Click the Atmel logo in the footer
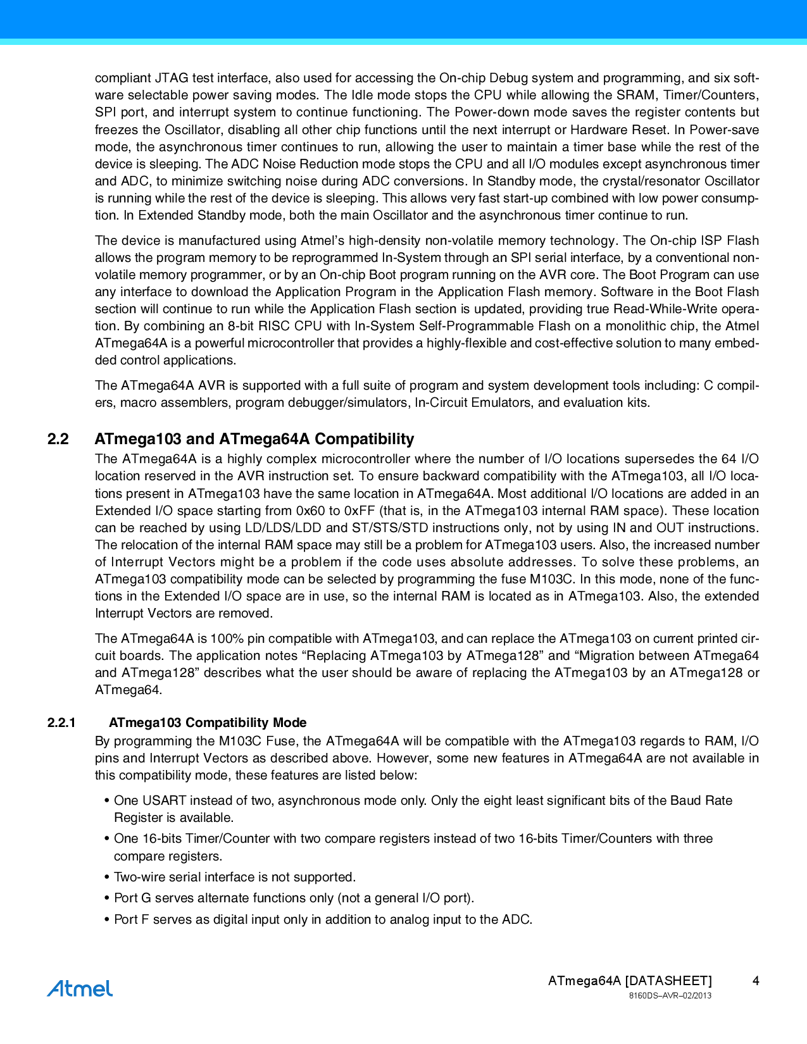pos(80,988)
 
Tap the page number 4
pos(756,981)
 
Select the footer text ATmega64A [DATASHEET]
pos(630,981)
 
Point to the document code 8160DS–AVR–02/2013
pos(670,996)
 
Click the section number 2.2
pos(58,439)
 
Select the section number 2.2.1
pos(61,723)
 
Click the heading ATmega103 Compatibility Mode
pos(208,723)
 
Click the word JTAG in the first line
pos(172,78)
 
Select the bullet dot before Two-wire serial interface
pos(106,878)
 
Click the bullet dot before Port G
pos(106,898)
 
